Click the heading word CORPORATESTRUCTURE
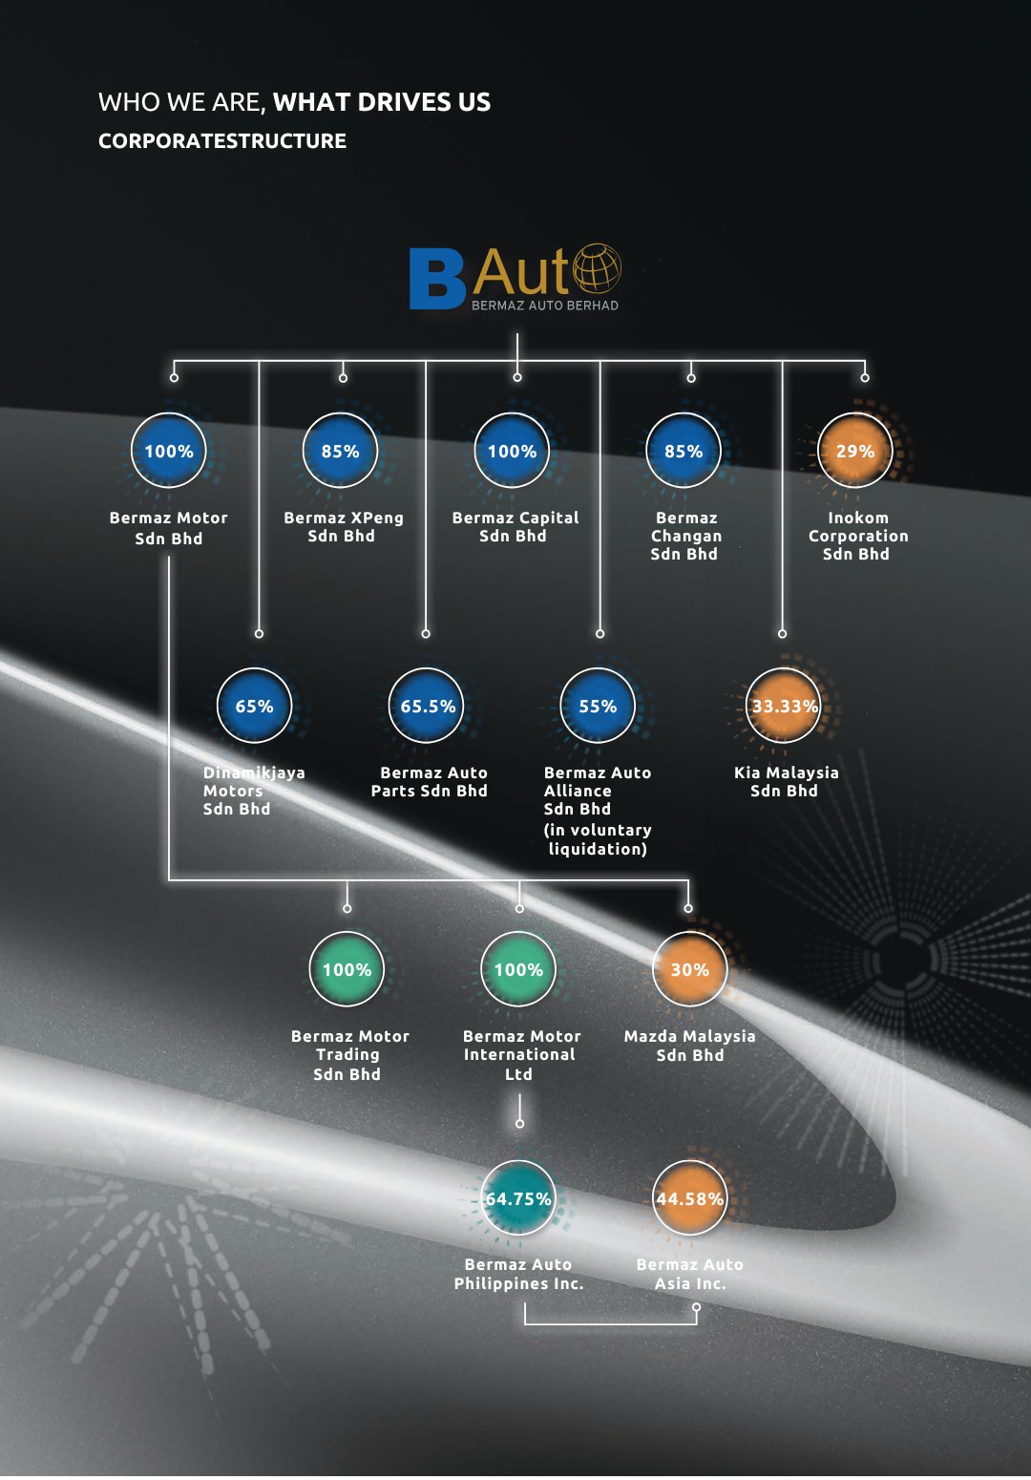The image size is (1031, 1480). coord(222,141)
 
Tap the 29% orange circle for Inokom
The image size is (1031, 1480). coord(855,451)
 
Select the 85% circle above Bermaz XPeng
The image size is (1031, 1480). coord(341,451)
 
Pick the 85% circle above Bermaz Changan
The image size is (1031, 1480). coord(684,451)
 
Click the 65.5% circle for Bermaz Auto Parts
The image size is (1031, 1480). coord(427,706)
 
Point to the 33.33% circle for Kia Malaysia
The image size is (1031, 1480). coord(784,706)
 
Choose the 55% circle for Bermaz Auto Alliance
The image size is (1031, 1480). coord(598,706)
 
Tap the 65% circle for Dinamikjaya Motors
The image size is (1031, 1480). coord(254,706)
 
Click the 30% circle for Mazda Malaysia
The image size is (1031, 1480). coord(689,969)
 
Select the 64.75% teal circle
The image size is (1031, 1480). coord(518,1198)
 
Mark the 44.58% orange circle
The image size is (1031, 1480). coord(689,1198)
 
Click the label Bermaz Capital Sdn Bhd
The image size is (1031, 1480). coord(515,527)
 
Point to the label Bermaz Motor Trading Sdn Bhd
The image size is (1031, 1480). coord(349,1055)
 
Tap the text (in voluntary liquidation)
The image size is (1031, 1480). coord(598,839)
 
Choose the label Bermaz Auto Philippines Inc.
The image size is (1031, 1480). coord(518,1274)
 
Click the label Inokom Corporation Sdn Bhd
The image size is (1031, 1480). coord(857,536)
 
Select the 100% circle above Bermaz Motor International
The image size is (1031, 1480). coord(518,969)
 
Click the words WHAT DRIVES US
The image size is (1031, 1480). coord(382,102)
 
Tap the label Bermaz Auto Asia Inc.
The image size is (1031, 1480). coord(689,1274)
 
